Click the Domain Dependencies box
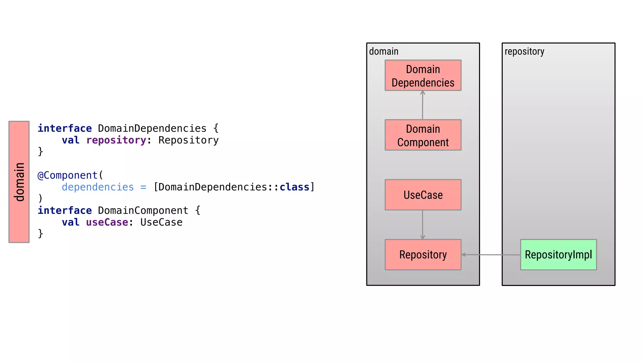pyautogui.click(x=423, y=75)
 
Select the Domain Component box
pyautogui.click(x=423, y=135)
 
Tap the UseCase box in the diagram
pyautogui.click(x=423, y=195)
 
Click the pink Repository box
pyautogui.click(x=423, y=255)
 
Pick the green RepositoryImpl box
pyautogui.click(x=558, y=255)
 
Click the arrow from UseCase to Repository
pyautogui.click(x=422, y=225)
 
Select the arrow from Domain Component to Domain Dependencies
pyautogui.click(x=423, y=105)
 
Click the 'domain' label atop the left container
pyautogui.click(x=384, y=52)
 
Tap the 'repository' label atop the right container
pyautogui.click(x=524, y=52)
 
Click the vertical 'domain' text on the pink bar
pyautogui.click(x=19, y=182)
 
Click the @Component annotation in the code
pyautogui.click(x=68, y=175)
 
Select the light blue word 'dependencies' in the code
pyautogui.click(x=98, y=187)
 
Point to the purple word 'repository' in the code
pyautogui.click(x=116, y=140)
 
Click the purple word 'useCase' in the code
pyautogui.click(x=107, y=222)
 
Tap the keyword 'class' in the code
pyautogui.click(x=294, y=187)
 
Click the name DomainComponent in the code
pyautogui.click(x=143, y=211)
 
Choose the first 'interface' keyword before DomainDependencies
pyautogui.click(x=65, y=128)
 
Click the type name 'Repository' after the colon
pyautogui.click(x=188, y=140)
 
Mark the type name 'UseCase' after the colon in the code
pyautogui.click(x=161, y=222)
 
